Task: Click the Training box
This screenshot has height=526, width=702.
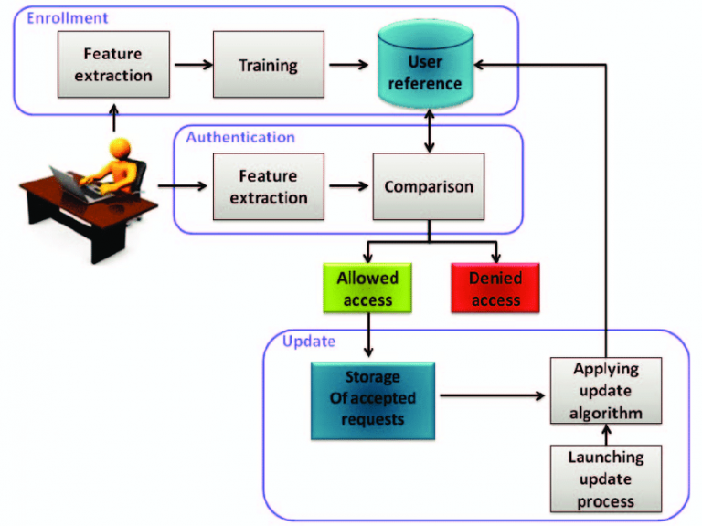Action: coord(268,65)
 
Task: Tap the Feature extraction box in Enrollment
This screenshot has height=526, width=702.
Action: coord(113,65)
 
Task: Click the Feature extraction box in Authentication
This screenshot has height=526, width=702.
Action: coord(269,186)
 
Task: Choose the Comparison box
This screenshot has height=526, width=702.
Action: coord(429,186)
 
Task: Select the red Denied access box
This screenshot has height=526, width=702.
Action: coord(495,289)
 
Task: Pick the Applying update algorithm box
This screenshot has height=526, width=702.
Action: coord(605,390)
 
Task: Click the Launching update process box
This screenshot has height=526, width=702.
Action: coord(605,478)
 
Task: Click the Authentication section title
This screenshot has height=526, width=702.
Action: coord(240,137)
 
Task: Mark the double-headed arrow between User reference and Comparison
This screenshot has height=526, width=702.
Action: coord(430,134)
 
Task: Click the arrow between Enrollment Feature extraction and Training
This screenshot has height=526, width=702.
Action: coord(190,65)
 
